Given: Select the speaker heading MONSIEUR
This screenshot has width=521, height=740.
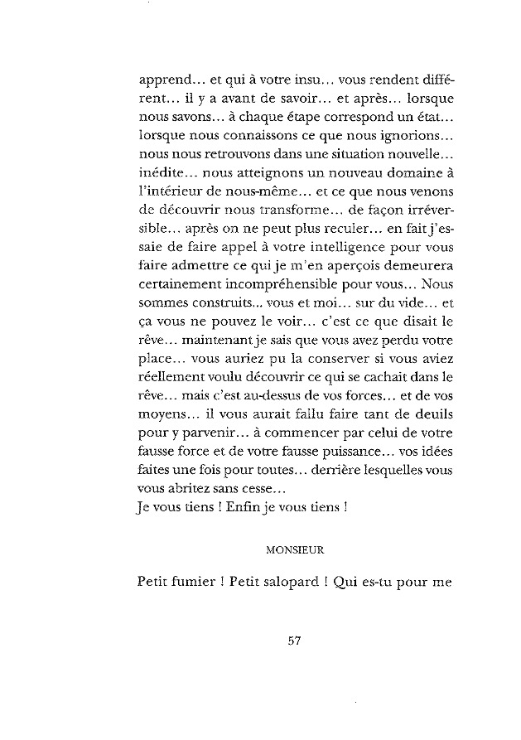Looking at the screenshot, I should [x=294, y=549].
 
